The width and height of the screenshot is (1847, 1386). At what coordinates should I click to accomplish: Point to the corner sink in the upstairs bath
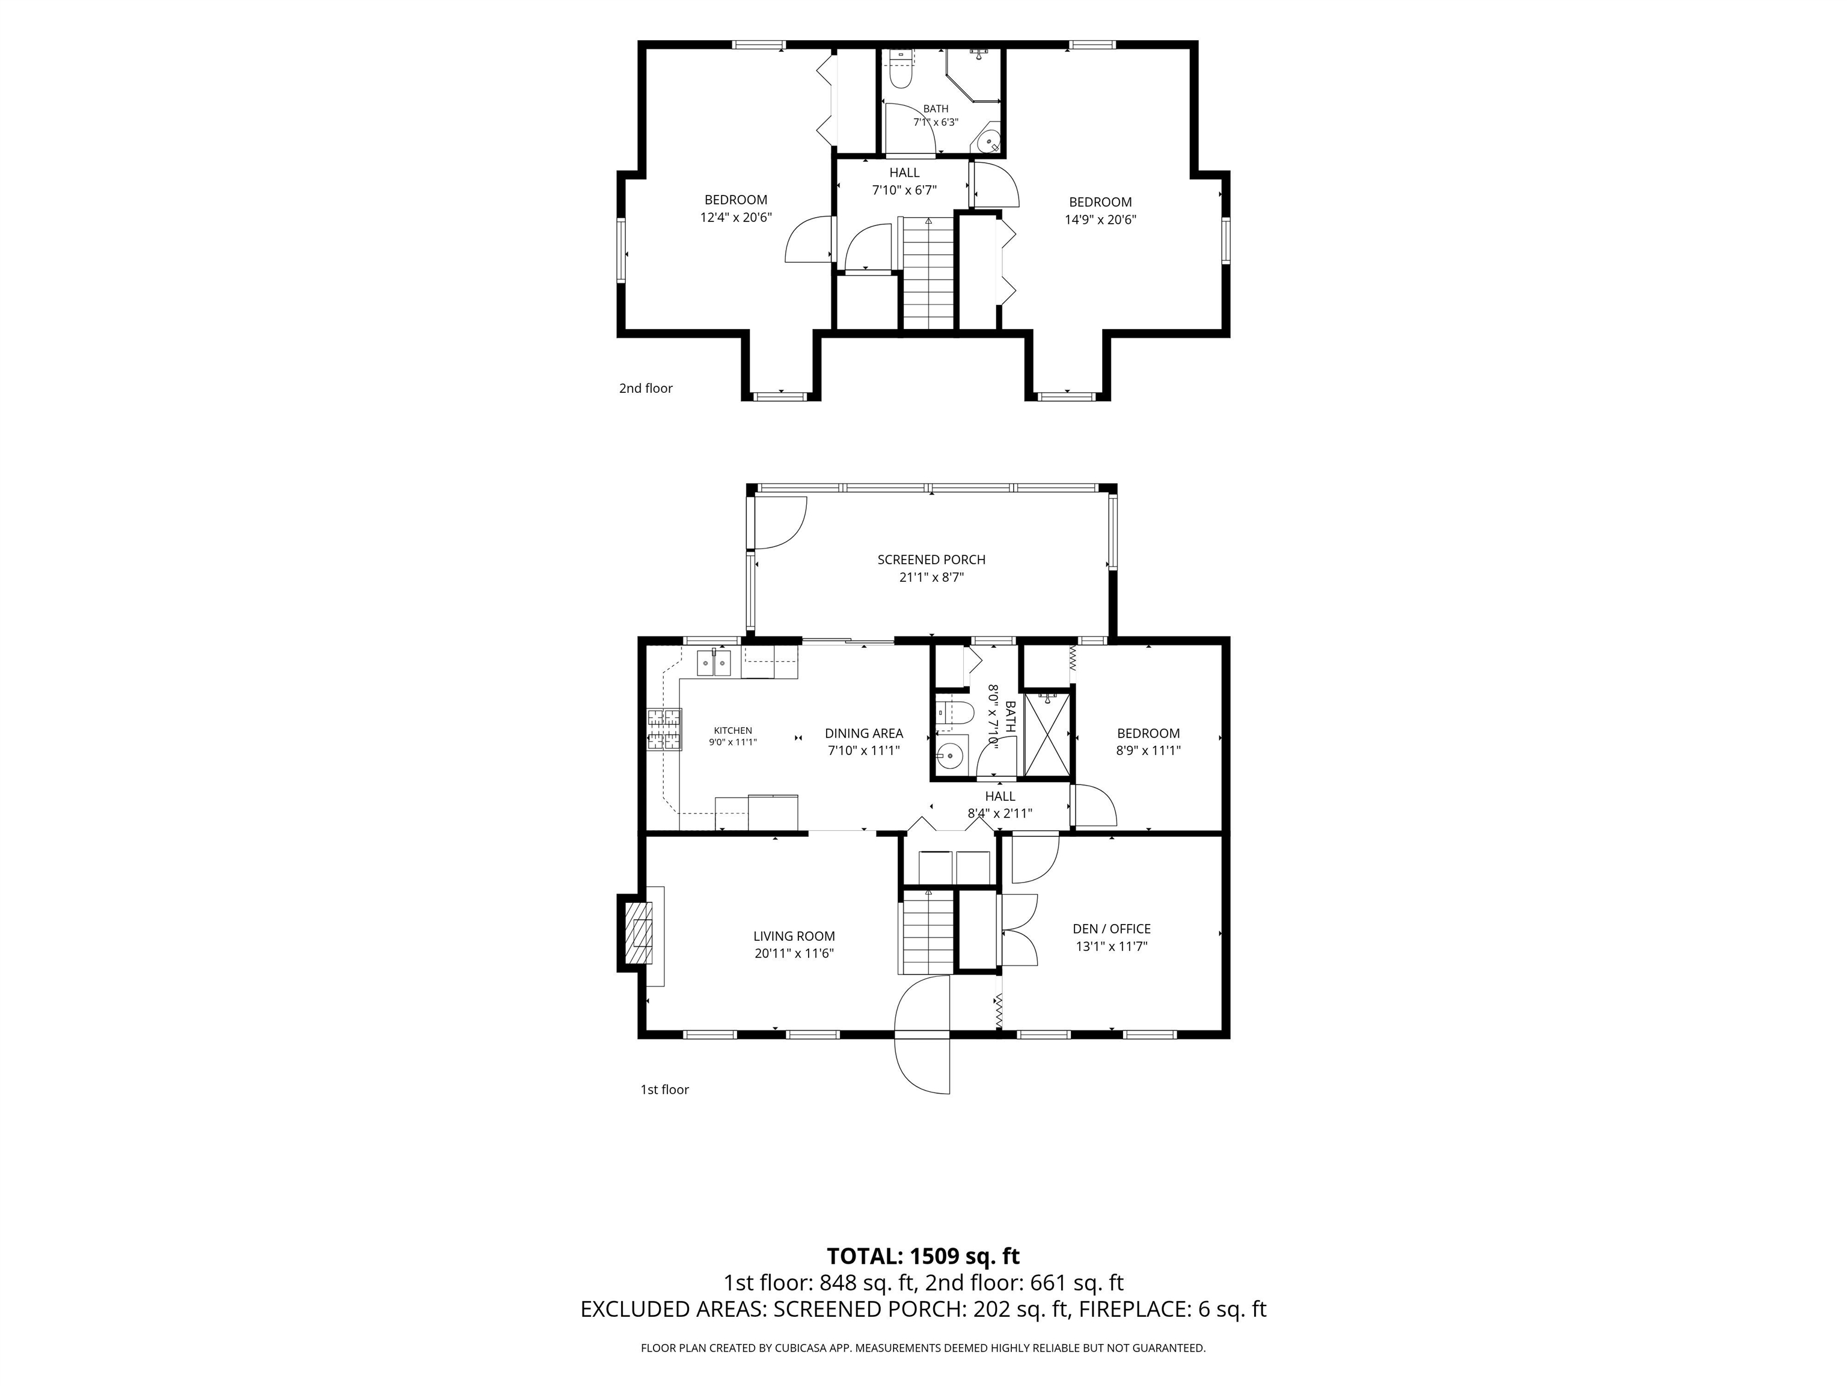988,140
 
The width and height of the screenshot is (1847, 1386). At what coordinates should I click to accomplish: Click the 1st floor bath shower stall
1047,735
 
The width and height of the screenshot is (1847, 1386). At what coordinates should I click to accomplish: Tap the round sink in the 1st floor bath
949,757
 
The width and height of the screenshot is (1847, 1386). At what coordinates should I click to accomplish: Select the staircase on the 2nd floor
928,273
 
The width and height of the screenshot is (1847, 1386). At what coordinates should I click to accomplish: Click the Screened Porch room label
931,559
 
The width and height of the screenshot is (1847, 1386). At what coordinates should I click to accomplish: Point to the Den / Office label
1111,929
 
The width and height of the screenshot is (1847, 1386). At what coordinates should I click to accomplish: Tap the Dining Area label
863,733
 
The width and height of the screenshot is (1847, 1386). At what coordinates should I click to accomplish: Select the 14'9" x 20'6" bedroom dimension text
1100,220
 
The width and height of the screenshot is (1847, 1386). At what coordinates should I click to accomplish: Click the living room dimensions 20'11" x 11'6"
794,953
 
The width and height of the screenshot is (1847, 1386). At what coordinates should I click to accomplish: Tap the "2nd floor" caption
646,389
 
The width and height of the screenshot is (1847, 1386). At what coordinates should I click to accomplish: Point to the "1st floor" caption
664,1089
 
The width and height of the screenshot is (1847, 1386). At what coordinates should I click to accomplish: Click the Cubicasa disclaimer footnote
923,1347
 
